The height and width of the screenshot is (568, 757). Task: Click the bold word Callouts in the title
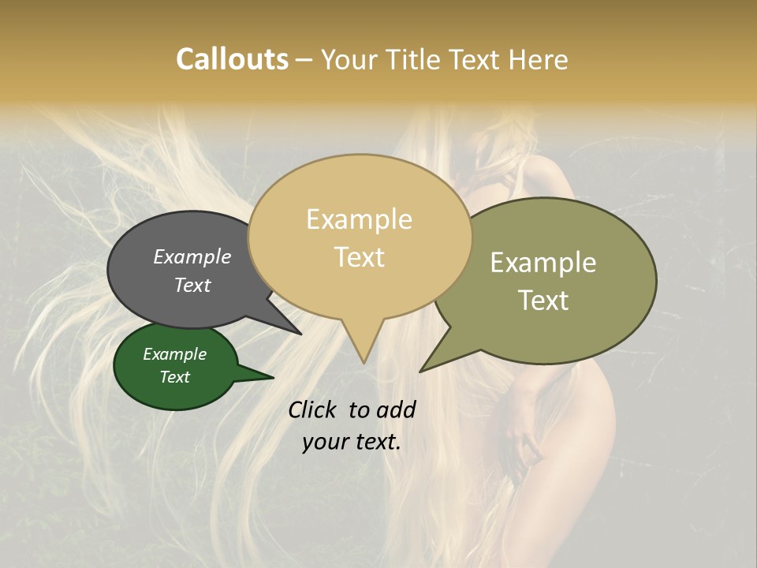(x=232, y=59)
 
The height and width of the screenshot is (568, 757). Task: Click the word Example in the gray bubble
(x=192, y=257)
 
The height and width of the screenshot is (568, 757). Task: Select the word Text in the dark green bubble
(x=175, y=377)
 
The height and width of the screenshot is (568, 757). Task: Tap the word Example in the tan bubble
(x=359, y=219)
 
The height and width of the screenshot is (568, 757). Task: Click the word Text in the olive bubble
(x=543, y=301)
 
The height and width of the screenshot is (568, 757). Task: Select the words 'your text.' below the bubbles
(x=352, y=442)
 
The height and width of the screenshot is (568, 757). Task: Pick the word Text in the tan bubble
(x=359, y=257)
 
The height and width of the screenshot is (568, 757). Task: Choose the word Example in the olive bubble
(x=543, y=263)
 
